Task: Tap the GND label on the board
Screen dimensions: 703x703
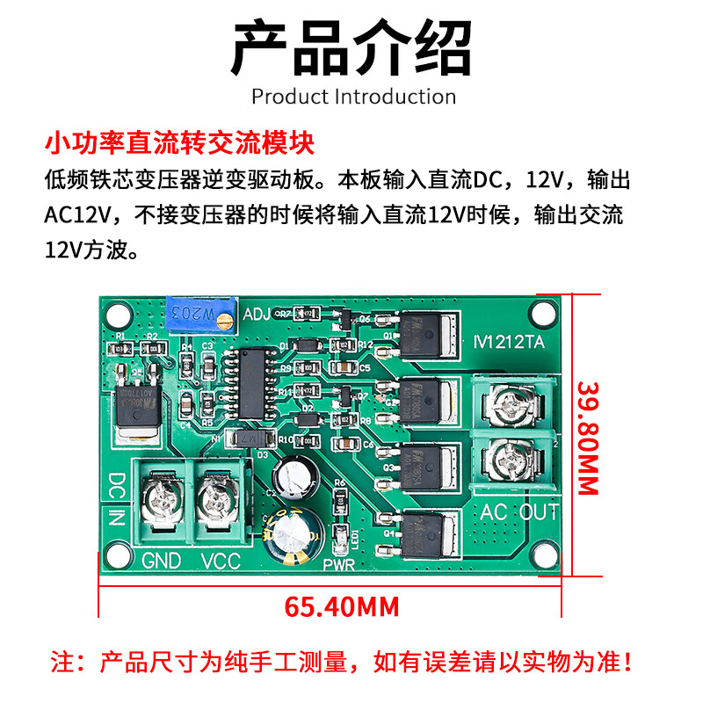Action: (x=162, y=560)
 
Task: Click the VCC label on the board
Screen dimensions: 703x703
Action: (x=221, y=560)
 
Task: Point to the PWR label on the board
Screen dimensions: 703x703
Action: (x=338, y=564)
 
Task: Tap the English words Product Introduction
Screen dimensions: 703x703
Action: (x=353, y=96)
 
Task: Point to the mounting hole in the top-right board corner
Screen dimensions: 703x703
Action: (x=543, y=311)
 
